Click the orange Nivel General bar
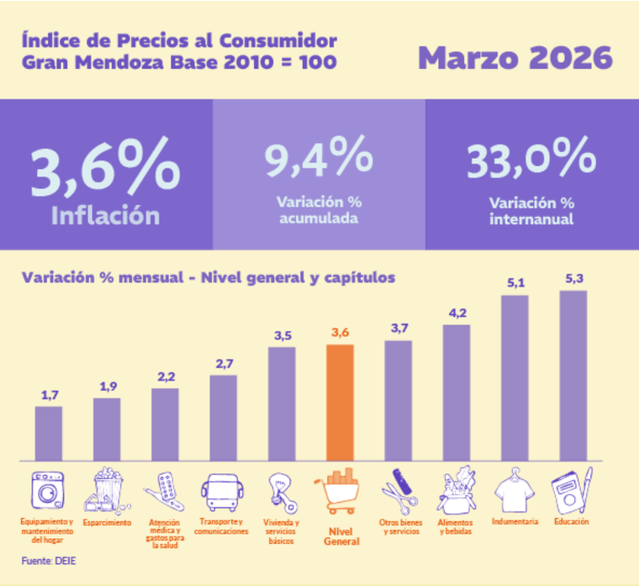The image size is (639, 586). pos(341,402)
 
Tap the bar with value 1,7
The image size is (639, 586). pos(48,432)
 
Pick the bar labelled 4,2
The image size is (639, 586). pos(457,392)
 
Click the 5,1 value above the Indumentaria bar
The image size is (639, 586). pos(515,282)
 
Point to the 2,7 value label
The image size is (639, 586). pos(223,362)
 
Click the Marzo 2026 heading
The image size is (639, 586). pos(515,58)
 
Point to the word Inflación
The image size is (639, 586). pos(106,215)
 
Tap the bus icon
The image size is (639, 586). pos(221,492)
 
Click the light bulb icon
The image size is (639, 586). pos(280,493)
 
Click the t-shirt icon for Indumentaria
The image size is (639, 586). pos(515,492)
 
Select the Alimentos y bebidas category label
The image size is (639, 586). pos(457,527)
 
